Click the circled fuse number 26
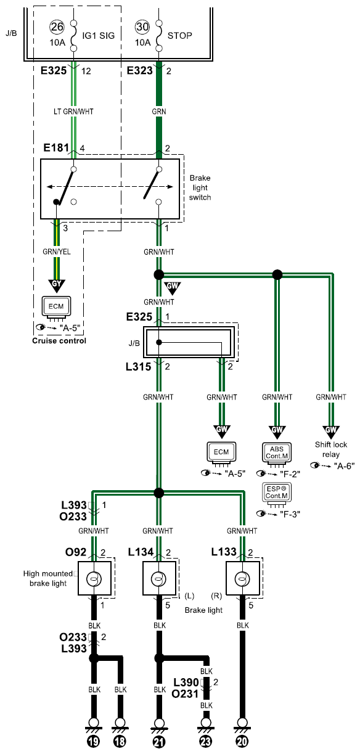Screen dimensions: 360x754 tap(57, 27)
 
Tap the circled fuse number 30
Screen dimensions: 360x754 tap(142, 27)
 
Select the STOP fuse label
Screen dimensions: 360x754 tap(179, 35)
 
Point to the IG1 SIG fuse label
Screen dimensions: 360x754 tap(98, 35)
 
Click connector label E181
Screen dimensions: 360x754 tap(56, 147)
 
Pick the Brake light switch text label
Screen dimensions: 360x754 tap(200, 187)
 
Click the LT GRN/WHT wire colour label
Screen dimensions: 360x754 tap(73, 112)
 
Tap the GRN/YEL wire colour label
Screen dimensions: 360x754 tap(57, 252)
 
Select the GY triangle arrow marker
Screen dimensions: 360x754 tap(57, 285)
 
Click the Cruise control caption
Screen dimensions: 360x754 tap(59, 341)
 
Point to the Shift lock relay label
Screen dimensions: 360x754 tap(331, 449)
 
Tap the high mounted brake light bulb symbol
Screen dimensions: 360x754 tap(94, 579)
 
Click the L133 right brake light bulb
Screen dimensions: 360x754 tap(242, 579)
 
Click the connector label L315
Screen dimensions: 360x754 tap(138, 367)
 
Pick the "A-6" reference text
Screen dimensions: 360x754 tap(344, 466)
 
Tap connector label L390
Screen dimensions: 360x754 tap(186, 682)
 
